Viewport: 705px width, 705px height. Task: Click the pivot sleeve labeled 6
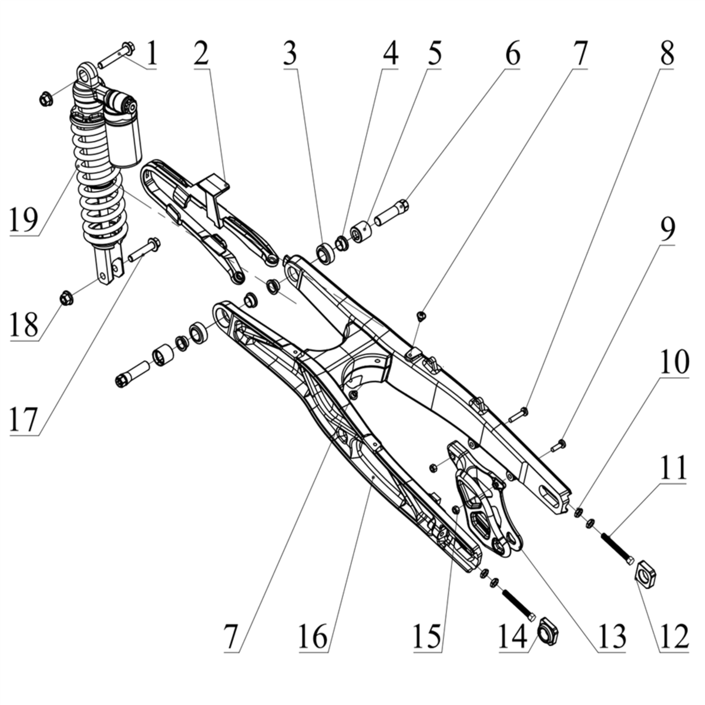pos(392,213)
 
